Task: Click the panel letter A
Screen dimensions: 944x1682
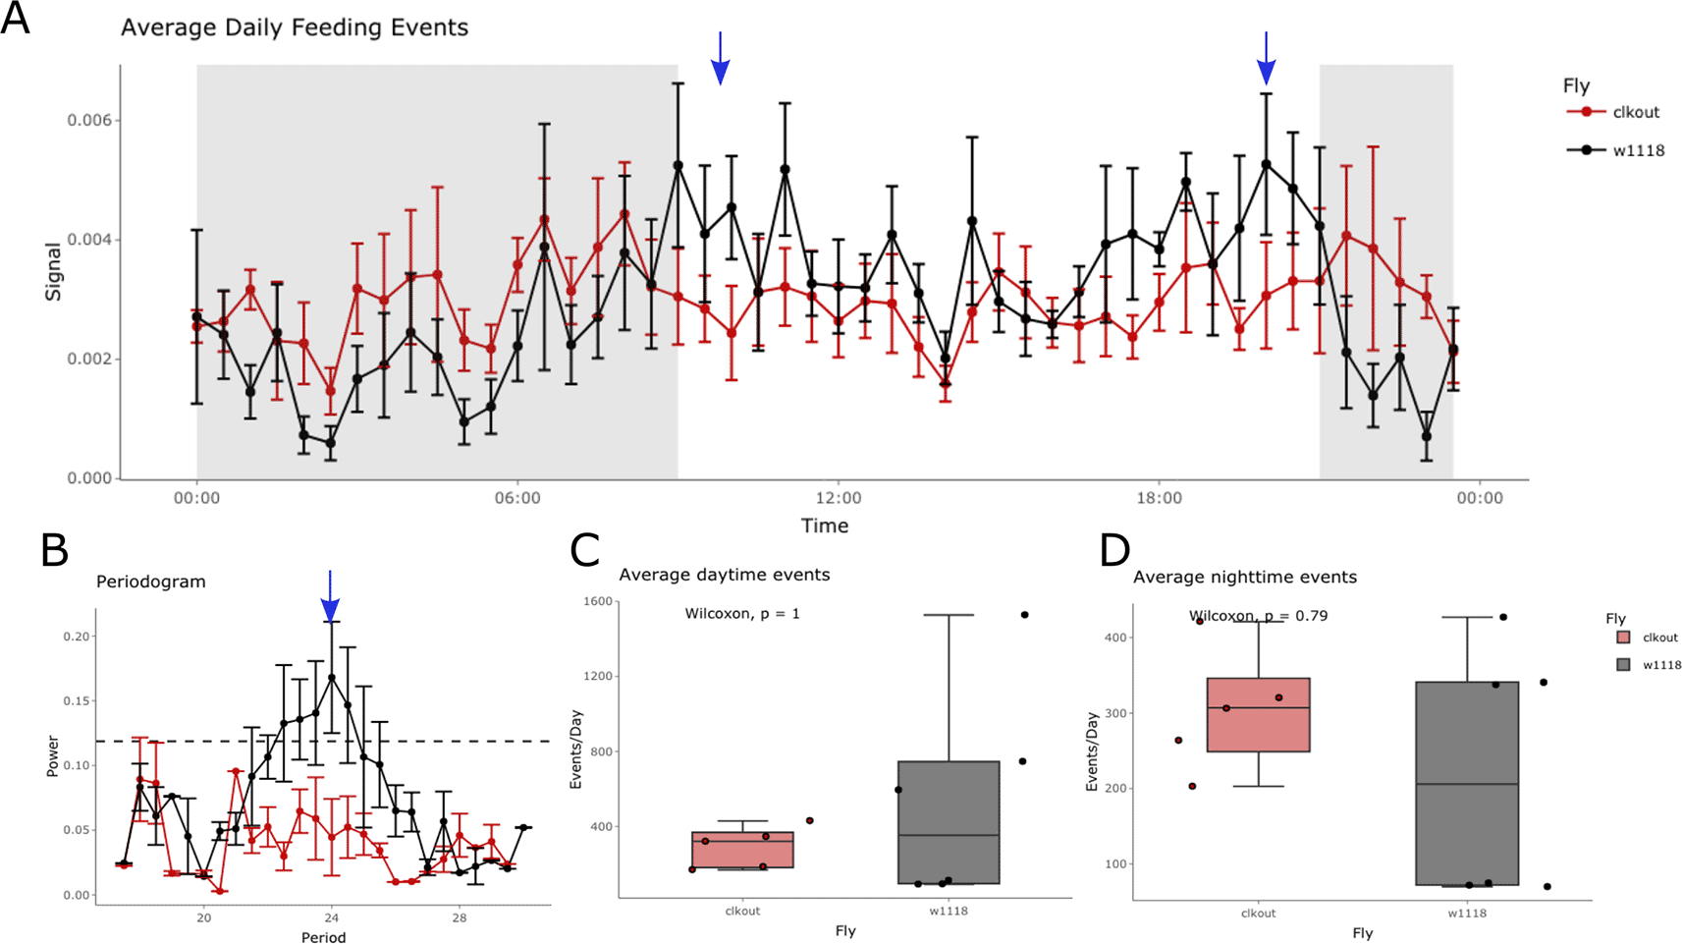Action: pyautogui.click(x=16, y=19)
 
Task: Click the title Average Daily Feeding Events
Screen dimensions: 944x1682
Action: pyautogui.click(x=295, y=28)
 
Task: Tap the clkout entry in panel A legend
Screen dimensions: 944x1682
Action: pyautogui.click(x=1635, y=112)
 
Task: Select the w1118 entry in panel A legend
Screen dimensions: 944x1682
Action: pyautogui.click(x=1638, y=150)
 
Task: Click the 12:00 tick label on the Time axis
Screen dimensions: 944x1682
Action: pyautogui.click(x=838, y=498)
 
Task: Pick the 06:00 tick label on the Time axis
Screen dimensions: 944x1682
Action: pyautogui.click(x=517, y=498)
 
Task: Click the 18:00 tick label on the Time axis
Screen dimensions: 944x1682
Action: pyautogui.click(x=1159, y=498)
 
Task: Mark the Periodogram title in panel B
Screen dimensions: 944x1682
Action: pyautogui.click(x=151, y=582)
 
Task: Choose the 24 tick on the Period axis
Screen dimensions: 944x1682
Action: pyautogui.click(x=331, y=918)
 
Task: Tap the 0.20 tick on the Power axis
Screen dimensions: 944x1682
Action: pyautogui.click(x=77, y=637)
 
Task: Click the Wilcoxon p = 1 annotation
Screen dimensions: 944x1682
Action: pyautogui.click(x=742, y=614)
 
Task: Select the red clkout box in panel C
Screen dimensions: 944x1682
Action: pyautogui.click(x=742, y=850)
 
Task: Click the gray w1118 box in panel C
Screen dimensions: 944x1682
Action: pyautogui.click(x=949, y=822)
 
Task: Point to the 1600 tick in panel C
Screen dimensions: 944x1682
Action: pyautogui.click(x=597, y=601)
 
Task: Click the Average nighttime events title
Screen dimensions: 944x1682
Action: pyautogui.click(x=1245, y=578)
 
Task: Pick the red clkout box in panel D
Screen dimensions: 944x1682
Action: pyautogui.click(x=1258, y=714)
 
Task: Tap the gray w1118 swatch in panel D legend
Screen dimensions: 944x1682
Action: pyautogui.click(x=1623, y=665)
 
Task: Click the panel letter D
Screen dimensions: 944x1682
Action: pyautogui.click(x=1115, y=551)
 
